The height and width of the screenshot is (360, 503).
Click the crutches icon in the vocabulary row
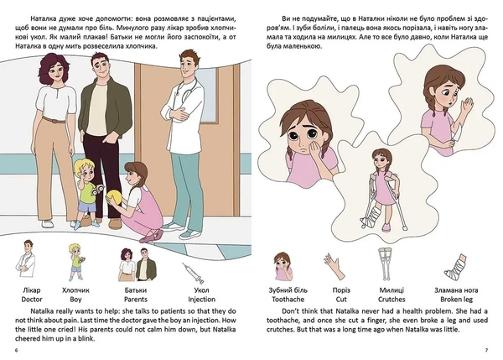click(x=386, y=263)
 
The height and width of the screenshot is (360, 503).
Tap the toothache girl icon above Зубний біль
click(x=282, y=264)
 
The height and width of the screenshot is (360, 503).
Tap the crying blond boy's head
click(x=86, y=170)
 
